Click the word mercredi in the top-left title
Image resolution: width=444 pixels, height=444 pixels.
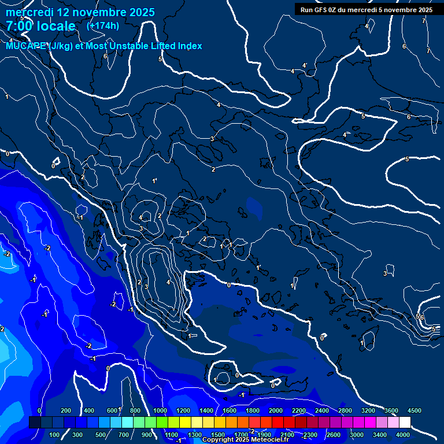click(x=28, y=12)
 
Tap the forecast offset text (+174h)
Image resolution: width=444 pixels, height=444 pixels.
click(x=103, y=25)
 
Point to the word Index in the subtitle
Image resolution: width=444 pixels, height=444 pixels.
click(x=190, y=46)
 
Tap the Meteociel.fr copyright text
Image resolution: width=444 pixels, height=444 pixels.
click(x=245, y=439)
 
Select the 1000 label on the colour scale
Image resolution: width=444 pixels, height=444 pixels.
click(x=160, y=410)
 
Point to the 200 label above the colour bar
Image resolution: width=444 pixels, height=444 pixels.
click(x=66, y=410)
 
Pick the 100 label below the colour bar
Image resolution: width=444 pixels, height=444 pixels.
click(x=55, y=435)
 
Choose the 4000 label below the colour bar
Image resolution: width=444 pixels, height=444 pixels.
click(x=404, y=435)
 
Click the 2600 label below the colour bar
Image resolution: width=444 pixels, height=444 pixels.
click(x=334, y=435)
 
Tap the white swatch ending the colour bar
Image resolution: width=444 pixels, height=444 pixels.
click(x=405, y=422)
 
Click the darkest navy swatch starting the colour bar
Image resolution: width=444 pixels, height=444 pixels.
click(x=35, y=422)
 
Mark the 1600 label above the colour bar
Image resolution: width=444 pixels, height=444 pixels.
click(x=229, y=410)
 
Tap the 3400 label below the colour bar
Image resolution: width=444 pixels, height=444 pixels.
click(x=380, y=435)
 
